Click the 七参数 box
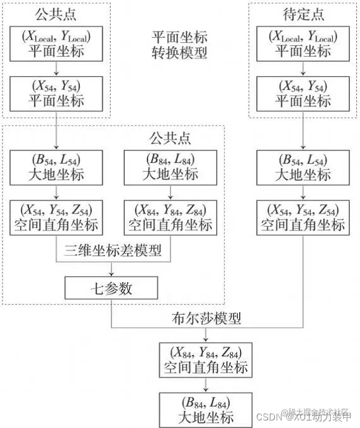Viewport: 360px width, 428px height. point(111,288)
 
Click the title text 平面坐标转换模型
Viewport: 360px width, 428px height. point(180,45)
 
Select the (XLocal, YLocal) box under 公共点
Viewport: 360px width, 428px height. point(57,44)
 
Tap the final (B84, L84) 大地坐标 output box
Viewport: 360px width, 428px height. point(206,410)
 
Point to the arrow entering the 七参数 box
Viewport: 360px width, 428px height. point(111,271)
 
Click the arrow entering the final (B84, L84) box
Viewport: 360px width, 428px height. point(206,385)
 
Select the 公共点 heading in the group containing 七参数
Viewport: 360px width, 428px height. point(170,137)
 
